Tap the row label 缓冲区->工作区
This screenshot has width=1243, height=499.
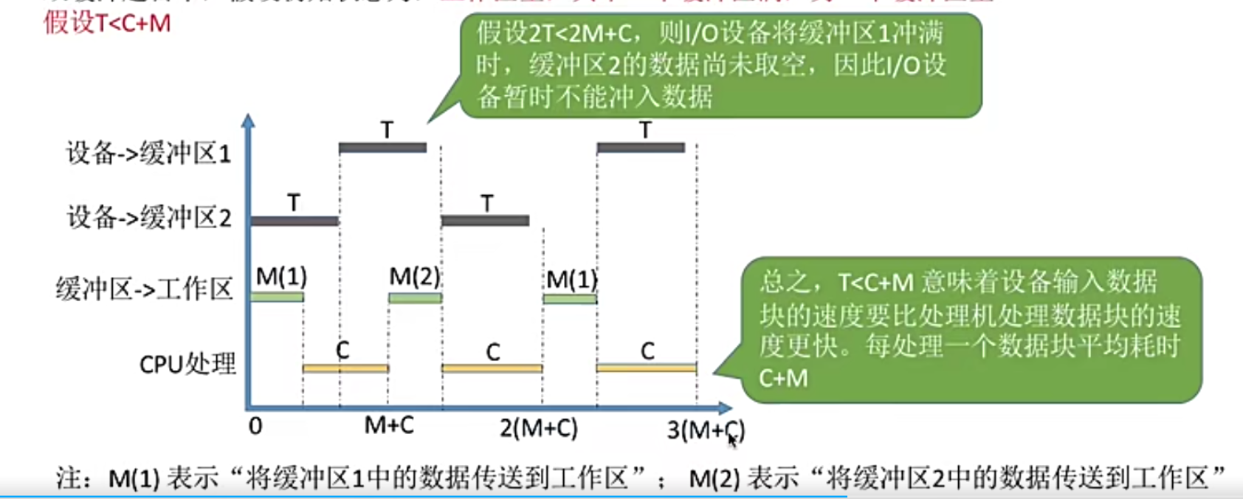click(145, 289)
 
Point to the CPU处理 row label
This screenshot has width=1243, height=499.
click(187, 363)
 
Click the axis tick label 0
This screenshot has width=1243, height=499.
click(255, 427)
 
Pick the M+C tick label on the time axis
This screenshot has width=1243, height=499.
click(389, 425)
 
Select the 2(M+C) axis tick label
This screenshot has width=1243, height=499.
click(539, 428)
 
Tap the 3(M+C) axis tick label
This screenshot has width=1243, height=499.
click(706, 430)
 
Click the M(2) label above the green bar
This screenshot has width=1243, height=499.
click(415, 277)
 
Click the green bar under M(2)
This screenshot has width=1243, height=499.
click(415, 298)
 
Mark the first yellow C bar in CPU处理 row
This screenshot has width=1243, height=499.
click(345, 368)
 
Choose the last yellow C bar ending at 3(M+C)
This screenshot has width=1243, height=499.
click(646, 367)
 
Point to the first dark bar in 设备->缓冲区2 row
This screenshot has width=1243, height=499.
click(295, 221)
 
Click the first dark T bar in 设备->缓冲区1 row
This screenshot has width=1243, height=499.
click(382, 148)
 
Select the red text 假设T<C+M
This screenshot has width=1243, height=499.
click(107, 24)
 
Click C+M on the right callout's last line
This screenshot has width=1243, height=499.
click(783, 379)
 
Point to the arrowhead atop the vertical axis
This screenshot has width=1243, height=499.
click(249, 120)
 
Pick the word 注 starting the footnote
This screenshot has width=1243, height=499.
click(69, 478)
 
